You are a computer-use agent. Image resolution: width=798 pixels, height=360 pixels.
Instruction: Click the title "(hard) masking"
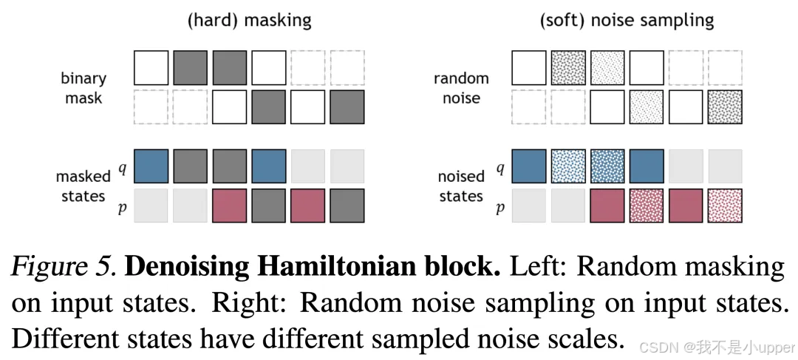click(249, 20)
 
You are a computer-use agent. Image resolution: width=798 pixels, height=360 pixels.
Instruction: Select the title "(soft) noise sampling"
click(627, 20)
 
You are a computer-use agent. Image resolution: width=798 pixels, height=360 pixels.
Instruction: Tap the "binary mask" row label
click(83, 87)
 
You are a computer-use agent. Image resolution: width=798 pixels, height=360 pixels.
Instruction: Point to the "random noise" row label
click(461, 87)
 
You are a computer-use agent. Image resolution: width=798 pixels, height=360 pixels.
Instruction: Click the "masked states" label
click(83, 186)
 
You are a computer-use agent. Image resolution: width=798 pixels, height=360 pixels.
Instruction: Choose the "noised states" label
click(461, 186)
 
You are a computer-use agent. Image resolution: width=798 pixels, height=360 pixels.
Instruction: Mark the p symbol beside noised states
click(499, 208)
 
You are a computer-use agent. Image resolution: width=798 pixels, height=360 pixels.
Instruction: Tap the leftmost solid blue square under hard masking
click(151, 166)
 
